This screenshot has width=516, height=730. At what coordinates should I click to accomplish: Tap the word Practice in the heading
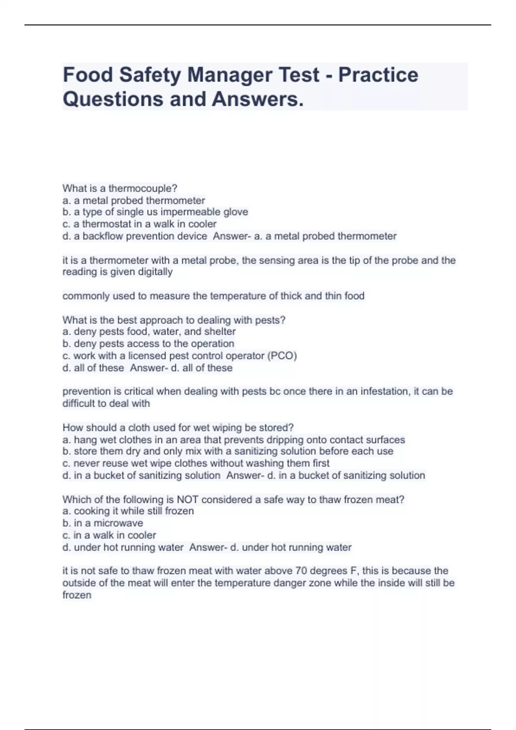(x=378, y=75)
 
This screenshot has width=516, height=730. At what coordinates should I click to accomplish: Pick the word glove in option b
(x=236, y=212)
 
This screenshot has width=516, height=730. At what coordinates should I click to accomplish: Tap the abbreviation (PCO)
(x=282, y=356)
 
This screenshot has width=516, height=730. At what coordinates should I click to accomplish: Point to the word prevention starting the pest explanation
(x=83, y=392)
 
